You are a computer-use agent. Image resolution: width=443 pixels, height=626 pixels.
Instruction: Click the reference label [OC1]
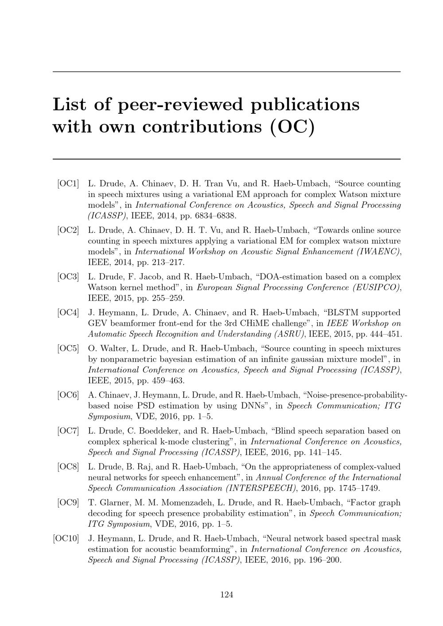[x=68, y=183]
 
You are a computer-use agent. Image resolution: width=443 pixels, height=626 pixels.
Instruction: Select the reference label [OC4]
[x=68, y=313]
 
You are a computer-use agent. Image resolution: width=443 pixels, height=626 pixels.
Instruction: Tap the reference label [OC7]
[x=68, y=431]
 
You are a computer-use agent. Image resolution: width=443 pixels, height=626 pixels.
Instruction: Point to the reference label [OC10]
[x=66, y=538]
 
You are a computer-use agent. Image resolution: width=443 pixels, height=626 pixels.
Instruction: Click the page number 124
[x=227, y=595]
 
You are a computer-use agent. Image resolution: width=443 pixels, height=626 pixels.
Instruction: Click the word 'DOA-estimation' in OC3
[x=288, y=277]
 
